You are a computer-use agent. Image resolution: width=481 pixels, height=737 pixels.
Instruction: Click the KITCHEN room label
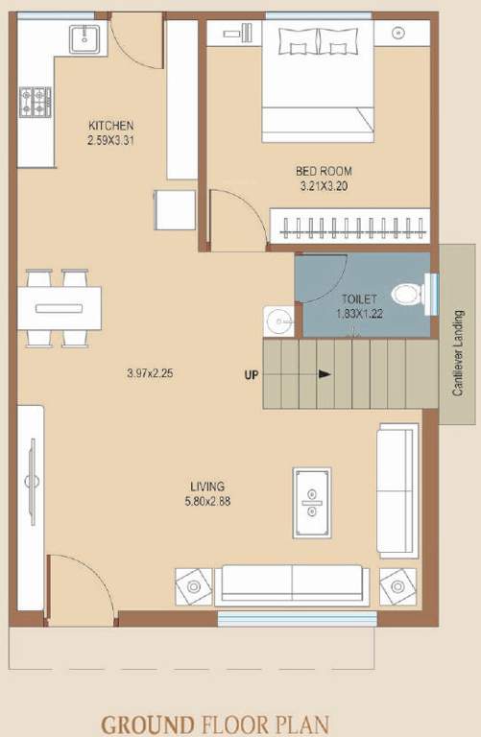click(110, 126)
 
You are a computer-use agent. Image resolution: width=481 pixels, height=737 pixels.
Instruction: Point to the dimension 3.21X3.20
click(322, 186)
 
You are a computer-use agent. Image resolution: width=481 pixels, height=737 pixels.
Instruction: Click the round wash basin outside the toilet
click(277, 320)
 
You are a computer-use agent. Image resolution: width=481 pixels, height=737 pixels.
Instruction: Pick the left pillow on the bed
click(298, 42)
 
